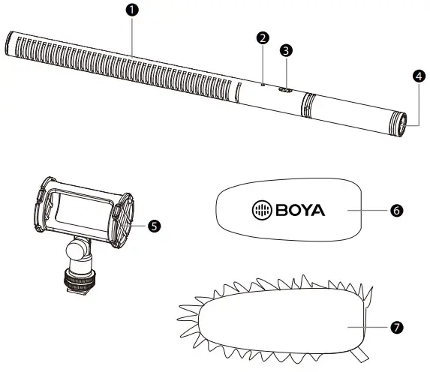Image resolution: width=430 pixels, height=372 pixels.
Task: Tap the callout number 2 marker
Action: [x=262, y=37]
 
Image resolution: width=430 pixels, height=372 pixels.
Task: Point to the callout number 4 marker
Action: [x=419, y=76]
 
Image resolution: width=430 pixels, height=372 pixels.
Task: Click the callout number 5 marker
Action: [x=155, y=224]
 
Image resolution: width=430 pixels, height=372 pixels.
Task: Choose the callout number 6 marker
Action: [x=396, y=211]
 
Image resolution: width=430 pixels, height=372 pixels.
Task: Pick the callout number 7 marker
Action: [x=396, y=327]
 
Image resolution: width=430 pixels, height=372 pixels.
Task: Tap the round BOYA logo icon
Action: [x=261, y=210]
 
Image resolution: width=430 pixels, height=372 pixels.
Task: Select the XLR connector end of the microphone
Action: [x=398, y=123]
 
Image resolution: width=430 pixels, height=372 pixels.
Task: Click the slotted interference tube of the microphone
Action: [x=120, y=67]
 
